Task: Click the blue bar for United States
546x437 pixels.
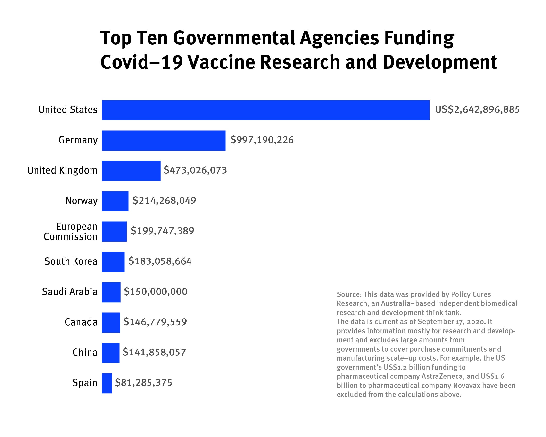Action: pyautogui.click(x=265, y=110)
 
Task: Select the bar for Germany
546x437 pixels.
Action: pyautogui.click(x=164, y=140)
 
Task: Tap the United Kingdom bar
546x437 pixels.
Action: pyautogui.click(x=131, y=171)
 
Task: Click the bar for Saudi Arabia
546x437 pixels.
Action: pyautogui.click(x=111, y=292)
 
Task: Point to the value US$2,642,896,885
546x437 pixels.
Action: pyautogui.click(x=477, y=110)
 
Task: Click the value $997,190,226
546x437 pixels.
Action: pyautogui.click(x=262, y=140)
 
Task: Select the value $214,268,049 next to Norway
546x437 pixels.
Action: pyautogui.click(x=164, y=201)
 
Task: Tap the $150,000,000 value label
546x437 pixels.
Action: pyautogui.click(x=156, y=292)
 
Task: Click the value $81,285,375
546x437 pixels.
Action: pyautogui.click(x=144, y=383)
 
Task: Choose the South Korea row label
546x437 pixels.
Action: pyautogui.click(x=71, y=261)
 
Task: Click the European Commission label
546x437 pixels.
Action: pyautogui.click(x=71, y=232)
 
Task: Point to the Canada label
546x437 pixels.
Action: pyautogui.click(x=81, y=322)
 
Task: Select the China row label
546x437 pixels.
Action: pyautogui.click(x=85, y=352)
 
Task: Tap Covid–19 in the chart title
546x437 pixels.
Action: pyautogui.click(x=141, y=62)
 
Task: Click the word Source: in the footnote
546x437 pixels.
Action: pyautogui.click(x=349, y=294)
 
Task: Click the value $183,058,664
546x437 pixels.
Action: pyautogui.click(x=160, y=261)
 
